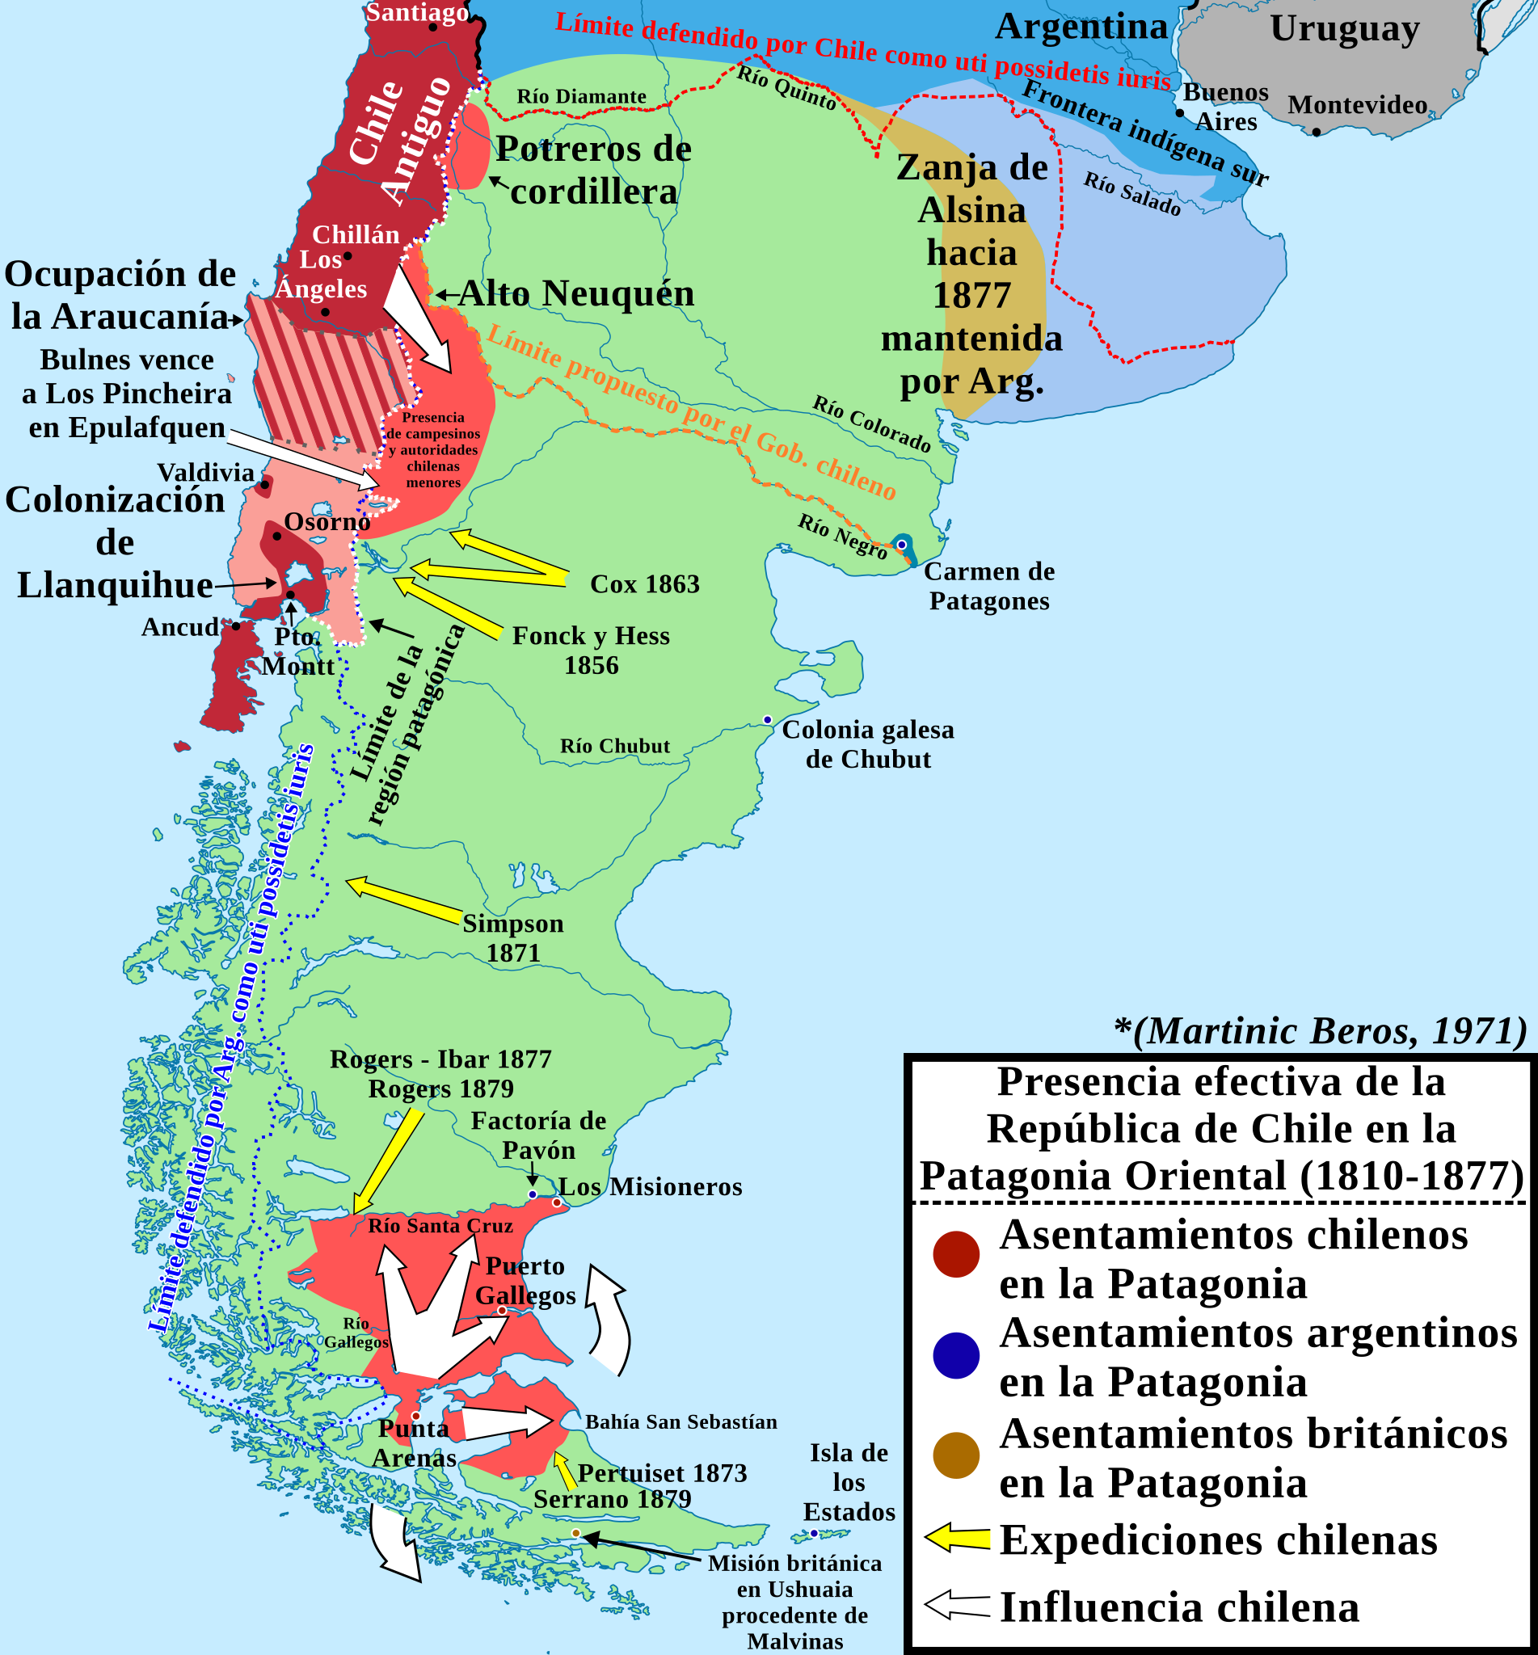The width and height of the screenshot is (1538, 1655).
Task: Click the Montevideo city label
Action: (x=1358, y=105)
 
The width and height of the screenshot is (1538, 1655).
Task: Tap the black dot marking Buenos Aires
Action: (x=1179, y=113)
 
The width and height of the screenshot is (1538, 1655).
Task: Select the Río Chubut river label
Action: (x=614, y=747)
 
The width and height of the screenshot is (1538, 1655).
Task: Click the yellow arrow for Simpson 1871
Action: (x=403, y=900)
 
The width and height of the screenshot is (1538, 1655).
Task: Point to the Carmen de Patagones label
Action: (x=988, y=586)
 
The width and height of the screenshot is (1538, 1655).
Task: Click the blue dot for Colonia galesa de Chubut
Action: (x=767, y=720)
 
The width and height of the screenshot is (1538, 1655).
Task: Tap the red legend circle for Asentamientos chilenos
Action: (x=956, y=1254)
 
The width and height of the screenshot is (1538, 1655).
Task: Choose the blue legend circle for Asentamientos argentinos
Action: (x=956, y=1355)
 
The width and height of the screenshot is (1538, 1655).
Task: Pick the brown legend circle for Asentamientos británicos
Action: (x=956, y=1455)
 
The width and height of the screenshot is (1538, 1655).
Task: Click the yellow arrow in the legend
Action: (x=957, y=1539)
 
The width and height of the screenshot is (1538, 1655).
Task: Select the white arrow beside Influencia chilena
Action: (x=957, y=1605)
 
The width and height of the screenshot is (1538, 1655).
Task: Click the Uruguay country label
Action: (x=1344, y=28)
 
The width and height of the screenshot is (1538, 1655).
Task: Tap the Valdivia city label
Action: (x=205, y=473)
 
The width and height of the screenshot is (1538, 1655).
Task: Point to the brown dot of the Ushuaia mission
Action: (x=576, y=1533)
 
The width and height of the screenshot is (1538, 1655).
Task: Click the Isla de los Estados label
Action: (x=849, y=1482)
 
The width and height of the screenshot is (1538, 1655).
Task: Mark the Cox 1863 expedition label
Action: (x=644, y=584)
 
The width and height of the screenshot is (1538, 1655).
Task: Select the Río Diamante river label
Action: (x=581, y=96)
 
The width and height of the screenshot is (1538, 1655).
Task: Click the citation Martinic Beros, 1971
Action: (x=1320, y=1031)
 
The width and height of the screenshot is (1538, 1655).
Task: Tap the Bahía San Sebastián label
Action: (x=681, y=1422)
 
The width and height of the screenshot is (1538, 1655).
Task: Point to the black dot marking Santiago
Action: (x=432, y=27)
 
